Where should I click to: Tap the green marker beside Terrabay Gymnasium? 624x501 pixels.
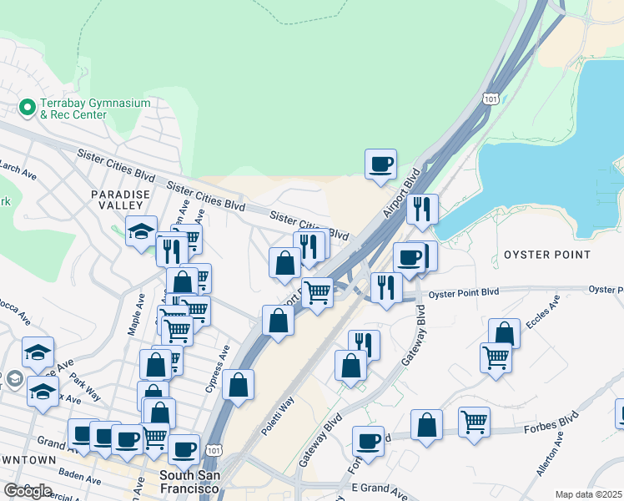[x=27, y=108]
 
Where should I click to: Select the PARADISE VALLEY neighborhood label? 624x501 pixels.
[x=120, y=200]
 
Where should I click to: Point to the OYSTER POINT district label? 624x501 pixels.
[x=547, y=255]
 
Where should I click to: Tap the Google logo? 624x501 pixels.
[x=28, y=491]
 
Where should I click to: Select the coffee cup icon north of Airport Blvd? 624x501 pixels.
[x=380, y=164]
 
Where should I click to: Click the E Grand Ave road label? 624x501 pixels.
[x=353, y=487]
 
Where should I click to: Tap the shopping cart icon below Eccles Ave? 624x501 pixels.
[x=496, y=357]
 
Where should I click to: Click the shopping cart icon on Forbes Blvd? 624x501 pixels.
[x=474, y=423]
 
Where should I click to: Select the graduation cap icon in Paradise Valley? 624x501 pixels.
[x=141, y=230]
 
